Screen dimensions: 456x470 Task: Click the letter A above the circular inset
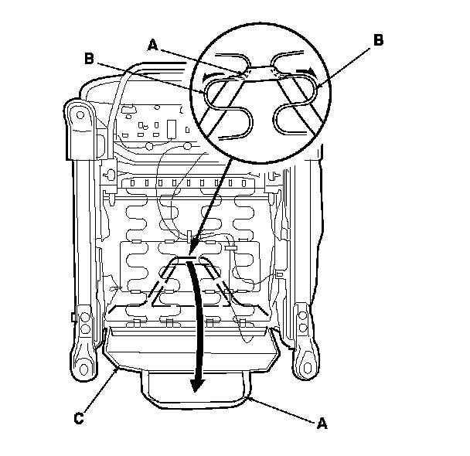coord(153,45)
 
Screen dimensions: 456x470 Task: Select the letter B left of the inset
coord(90,58)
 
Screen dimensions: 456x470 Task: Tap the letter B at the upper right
coord(378,42)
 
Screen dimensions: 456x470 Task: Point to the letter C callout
coord(79,420)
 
